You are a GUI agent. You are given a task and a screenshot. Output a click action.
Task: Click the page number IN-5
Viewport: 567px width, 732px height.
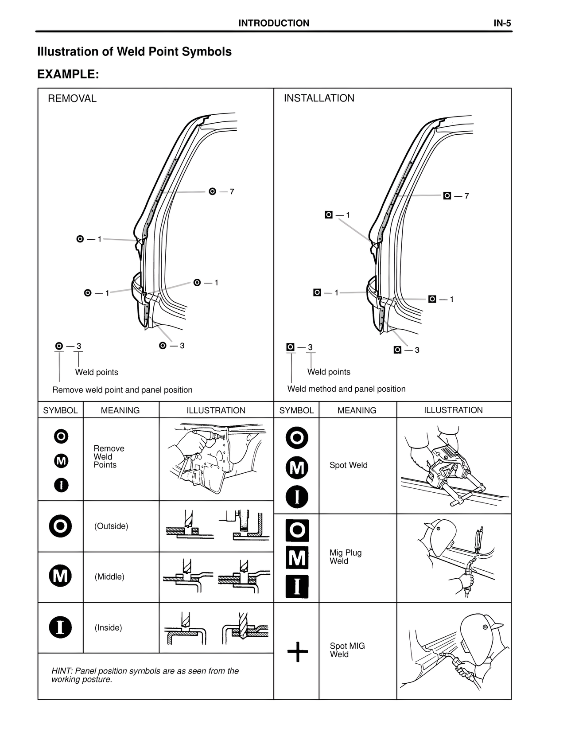[x=502, y=23]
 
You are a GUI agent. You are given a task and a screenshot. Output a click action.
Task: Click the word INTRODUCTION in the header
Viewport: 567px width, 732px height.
[x=274, y=23]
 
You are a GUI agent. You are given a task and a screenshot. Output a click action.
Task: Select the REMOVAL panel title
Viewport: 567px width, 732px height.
[x=72, y=98]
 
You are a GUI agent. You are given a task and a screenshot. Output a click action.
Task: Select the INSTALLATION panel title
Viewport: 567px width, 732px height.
[x=319, y=98]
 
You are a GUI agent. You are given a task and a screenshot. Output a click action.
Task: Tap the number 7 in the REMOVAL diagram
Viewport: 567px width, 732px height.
[x=232, y=192]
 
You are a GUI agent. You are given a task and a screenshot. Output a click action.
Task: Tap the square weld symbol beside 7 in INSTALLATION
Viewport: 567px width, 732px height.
[x=447, y=196]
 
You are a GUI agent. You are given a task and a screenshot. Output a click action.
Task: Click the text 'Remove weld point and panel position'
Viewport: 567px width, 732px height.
[x=122, y=390]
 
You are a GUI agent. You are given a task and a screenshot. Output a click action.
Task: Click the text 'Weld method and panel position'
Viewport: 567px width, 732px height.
[x=346, y=389]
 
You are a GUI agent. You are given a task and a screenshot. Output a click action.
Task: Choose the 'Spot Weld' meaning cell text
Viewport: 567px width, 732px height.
[x=349, y=465]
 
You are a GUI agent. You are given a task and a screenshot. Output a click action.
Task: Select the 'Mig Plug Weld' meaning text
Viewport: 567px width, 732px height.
[x=346, y=557]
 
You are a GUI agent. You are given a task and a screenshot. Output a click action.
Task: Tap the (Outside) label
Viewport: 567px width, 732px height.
[x=111, y=526]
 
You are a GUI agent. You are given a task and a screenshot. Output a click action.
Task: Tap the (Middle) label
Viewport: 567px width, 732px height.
[x=109, y=577]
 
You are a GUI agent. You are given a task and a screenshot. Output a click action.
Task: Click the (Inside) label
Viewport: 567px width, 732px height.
[x=109, y=628]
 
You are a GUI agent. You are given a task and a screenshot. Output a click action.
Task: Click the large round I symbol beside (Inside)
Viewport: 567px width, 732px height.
[x=61, y=627]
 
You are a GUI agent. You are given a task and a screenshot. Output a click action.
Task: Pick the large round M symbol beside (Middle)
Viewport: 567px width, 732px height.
[x=61, y=576]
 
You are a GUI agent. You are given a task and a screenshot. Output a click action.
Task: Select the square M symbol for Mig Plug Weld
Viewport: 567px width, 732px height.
[x=297, y=558]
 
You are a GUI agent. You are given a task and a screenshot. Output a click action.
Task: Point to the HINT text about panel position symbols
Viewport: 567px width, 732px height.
[x=145, y=675]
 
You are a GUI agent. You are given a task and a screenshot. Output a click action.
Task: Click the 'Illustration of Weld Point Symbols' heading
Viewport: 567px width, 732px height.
[x=134, y=52]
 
